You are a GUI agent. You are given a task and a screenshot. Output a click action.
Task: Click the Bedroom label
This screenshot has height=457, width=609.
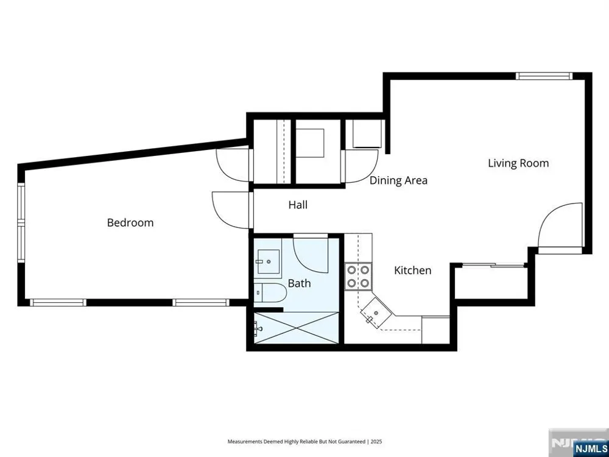[x=130, y=222]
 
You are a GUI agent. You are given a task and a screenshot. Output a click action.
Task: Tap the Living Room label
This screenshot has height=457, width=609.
[x=518, y=163]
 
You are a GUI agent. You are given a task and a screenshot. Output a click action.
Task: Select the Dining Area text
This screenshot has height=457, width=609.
[x=398, y=181]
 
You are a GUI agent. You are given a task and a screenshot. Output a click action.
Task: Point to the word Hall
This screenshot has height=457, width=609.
[x=298, y=205]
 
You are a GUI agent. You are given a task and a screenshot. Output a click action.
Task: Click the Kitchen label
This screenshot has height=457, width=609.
[x=412, y=271]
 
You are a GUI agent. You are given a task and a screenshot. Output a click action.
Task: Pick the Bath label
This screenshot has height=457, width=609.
[x=299, y=283]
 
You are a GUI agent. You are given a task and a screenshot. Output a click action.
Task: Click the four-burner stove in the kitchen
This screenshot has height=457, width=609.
[x=357, y=276]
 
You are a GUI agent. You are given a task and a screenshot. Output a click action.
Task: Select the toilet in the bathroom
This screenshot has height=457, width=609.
[x=270, y=292]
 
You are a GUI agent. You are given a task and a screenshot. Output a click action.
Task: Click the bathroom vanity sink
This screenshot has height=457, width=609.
[x=267, y=261]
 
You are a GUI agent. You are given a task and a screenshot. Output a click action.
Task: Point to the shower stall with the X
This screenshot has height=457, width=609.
[x=296, y=328]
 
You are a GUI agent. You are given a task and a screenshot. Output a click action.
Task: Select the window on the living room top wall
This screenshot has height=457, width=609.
[x=544, y=76]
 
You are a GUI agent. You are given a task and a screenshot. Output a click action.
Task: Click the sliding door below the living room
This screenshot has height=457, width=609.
[x=493, y=266]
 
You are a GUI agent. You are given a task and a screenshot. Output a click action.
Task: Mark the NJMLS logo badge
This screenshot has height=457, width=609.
[x=591, y=447]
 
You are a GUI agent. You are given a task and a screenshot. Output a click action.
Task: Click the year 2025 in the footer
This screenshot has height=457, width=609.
[x=376, y=442]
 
